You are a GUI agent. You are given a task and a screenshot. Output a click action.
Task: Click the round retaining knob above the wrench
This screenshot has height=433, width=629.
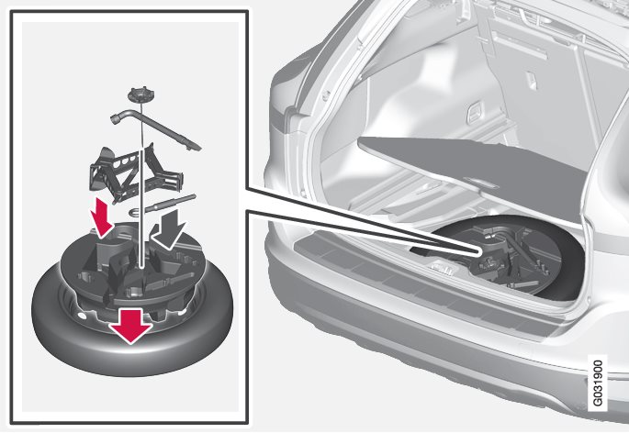tap(140, 95)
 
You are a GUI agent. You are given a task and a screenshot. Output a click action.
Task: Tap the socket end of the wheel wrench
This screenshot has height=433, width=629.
tap(118, 117)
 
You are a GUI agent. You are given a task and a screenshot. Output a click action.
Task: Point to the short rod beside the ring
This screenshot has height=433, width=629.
tap(170, 203)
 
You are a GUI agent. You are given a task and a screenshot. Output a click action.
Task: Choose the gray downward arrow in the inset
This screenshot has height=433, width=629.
tap(168, 228)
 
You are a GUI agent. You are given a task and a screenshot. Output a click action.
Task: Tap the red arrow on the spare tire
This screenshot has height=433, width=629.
tap(130, 326)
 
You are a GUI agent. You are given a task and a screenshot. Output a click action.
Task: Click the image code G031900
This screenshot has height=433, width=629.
tap(598, 383)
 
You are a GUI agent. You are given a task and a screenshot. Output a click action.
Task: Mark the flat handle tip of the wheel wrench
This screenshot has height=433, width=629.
tap(194, 147)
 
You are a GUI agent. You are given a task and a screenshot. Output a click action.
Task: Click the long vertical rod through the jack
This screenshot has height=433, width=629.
tap(141, 184)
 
